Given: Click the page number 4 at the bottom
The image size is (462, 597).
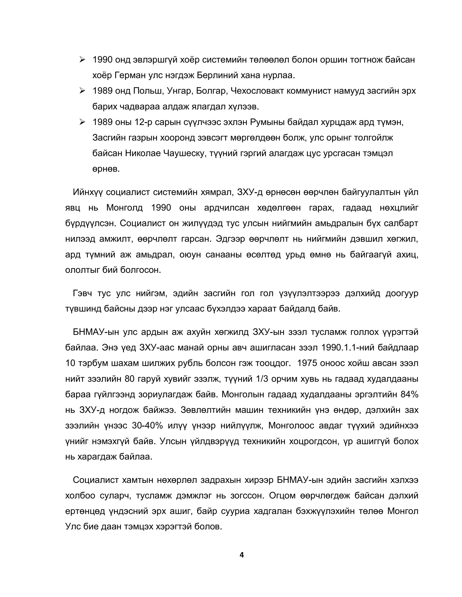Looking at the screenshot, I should pyautogui.click(x=241, y=555).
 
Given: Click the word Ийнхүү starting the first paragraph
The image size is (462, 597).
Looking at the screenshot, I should pyautogui.click(x=88, y=192).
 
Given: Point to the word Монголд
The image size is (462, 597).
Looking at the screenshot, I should pyautogui.click(x=125, y=208).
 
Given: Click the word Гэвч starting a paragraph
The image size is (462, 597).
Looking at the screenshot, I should pyautogui.click(x=82, y=293).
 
